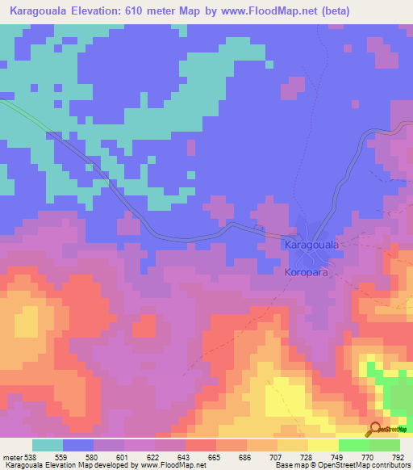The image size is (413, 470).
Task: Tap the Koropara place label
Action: click(309, 273)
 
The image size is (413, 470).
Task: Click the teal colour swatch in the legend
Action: click(47, 445)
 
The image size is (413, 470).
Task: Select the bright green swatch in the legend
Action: click(353, 445)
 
